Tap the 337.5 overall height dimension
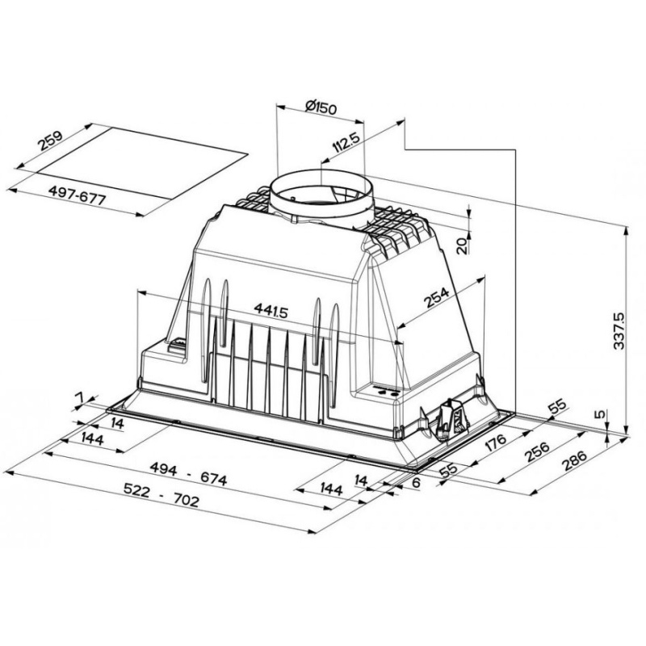pyautogui.click(x=619, y=331)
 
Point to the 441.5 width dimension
pyautogui.click(x=271, y=310)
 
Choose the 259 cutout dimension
pyautogui.click(x=50, y=141)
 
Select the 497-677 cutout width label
pyautogui.click(x=77, y=195)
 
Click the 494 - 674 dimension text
pyautogui.click(x=188, y=473)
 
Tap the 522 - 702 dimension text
pyautogui.click(x=161, y=495)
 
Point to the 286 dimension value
pyautogui.click(x=574, y=460)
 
